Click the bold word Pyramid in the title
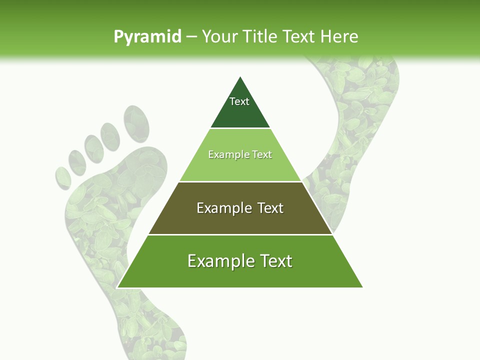pos(147,36)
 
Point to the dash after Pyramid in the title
pos(191,37)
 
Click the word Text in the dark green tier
pos(239,101)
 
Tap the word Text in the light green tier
pos(260,154)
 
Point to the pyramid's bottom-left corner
pos(117,287)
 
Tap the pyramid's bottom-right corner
pos(362,287)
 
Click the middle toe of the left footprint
pos(93,148)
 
